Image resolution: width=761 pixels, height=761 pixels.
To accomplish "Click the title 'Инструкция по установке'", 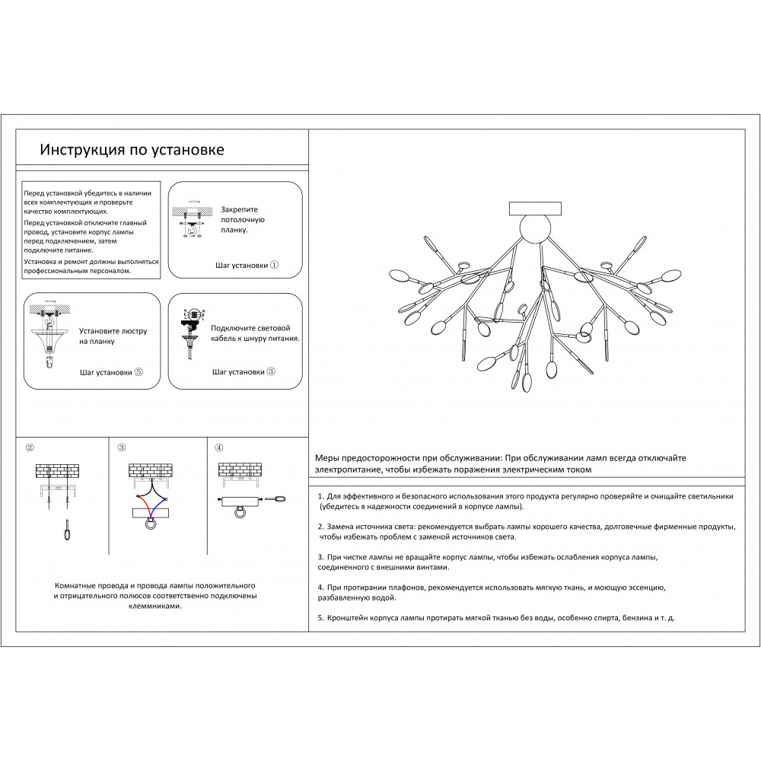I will pyautogui.click(x=132, y=150).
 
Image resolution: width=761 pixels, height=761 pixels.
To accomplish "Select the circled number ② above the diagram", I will pyautogui.click(x=30, y=447).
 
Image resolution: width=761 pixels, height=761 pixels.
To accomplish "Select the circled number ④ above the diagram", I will pyautogui.click(x=219, y=447).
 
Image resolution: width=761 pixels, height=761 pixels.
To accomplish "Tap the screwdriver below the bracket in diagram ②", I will pyautogui.click(x=68, y=530).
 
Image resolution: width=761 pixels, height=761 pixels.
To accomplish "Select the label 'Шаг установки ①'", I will pyautogui.click(x=247, y=266).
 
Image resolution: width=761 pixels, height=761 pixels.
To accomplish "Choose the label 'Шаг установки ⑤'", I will pyautogui.click(x=111, y=373).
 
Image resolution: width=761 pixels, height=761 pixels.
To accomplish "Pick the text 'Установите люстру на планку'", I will pyautogui.click(x=113, y=336).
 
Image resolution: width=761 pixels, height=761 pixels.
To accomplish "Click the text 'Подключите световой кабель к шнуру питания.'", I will pyautogui.click(x=256, y=333).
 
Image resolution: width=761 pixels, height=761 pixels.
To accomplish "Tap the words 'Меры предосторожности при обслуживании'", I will pyautogui.click(x=407, y=459).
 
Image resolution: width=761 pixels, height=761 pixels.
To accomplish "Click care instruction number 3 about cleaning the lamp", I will pyautogui.click(x=487, y=562).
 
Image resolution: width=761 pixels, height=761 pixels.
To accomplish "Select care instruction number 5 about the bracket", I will pyautogui.click(x=495, y=619).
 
